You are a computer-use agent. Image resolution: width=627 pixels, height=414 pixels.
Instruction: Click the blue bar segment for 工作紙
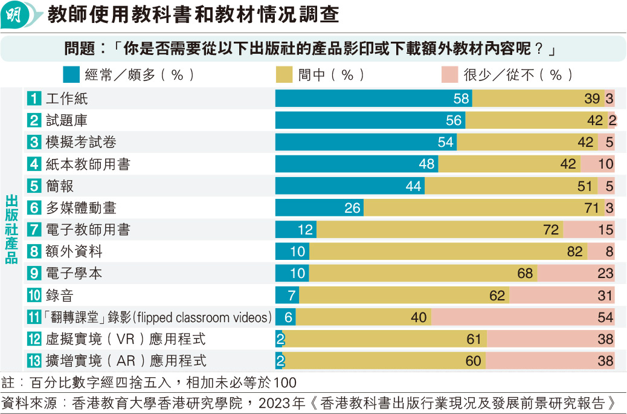coord(373,99)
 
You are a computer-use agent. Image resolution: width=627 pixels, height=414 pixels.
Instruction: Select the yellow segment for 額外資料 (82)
coord(448,251)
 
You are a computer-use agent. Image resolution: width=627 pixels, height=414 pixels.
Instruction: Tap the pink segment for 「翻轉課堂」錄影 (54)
coord(522,317)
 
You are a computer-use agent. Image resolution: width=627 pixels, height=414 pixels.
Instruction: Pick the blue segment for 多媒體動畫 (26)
coord(319,208)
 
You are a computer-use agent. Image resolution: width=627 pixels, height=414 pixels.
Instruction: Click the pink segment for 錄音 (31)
coord(562,296)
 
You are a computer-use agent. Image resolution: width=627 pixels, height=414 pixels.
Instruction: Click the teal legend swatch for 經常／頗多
coord(71,74)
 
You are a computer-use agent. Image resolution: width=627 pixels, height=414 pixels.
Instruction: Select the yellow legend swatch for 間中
coord(284,74)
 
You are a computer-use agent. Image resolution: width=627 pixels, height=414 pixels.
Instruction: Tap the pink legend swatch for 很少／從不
coord(449,74)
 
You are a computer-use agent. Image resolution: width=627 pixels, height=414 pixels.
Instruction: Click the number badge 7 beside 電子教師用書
coord(34,230)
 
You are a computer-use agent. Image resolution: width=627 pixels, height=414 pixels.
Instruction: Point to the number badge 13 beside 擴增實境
coord(34,361)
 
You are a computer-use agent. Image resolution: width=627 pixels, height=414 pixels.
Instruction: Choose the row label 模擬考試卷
coord(82,142)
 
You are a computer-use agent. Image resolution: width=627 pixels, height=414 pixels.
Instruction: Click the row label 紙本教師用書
coord(88,164)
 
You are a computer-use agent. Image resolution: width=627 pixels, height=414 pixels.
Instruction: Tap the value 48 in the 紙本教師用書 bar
coord(426,164)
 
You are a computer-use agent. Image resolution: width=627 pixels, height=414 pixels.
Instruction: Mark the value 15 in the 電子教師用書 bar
coord(605,230)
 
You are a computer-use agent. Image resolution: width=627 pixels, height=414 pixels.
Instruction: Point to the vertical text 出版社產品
coord(11,230)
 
